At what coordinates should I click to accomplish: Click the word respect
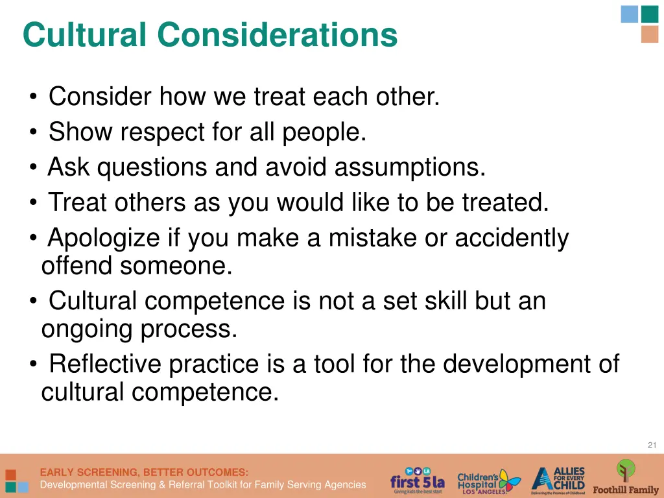tap(163, 132)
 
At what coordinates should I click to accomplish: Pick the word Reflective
tap(104, 364)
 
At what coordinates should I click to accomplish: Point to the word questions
tap(152, 168)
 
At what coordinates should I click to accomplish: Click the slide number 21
tap(652, 444)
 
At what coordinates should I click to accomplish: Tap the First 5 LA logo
tap(417, 480)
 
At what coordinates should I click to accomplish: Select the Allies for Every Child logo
tap(558, 480)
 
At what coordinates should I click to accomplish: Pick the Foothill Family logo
tap(625, 477)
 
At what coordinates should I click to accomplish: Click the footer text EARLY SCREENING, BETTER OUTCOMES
tap(144, 472)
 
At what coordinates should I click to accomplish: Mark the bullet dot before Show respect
tap(32, 134)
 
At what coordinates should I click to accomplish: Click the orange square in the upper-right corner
tap(649, 34)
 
